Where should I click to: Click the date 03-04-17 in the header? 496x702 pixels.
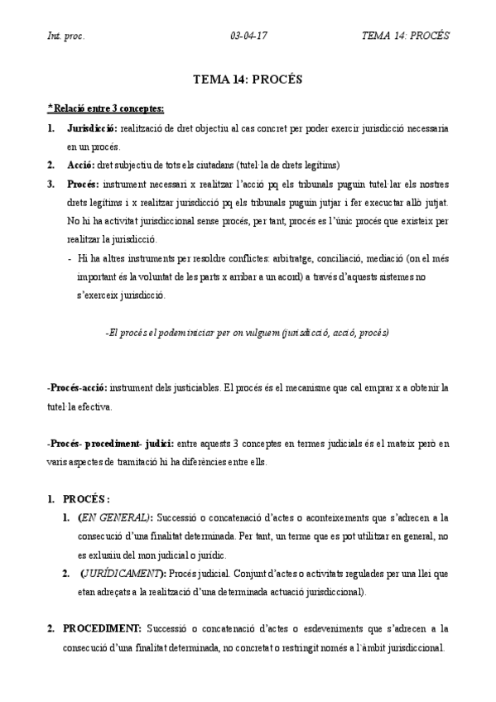(247, 36)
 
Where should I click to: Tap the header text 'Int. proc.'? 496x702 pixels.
(65, 36)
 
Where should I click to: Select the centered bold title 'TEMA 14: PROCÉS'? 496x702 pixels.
(248, 81)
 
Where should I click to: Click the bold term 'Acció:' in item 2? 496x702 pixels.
(80, 164)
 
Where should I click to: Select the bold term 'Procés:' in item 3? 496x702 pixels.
(84, 183)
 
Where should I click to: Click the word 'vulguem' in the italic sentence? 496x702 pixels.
(257, 332)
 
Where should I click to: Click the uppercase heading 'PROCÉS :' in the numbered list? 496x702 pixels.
(87, 499)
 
